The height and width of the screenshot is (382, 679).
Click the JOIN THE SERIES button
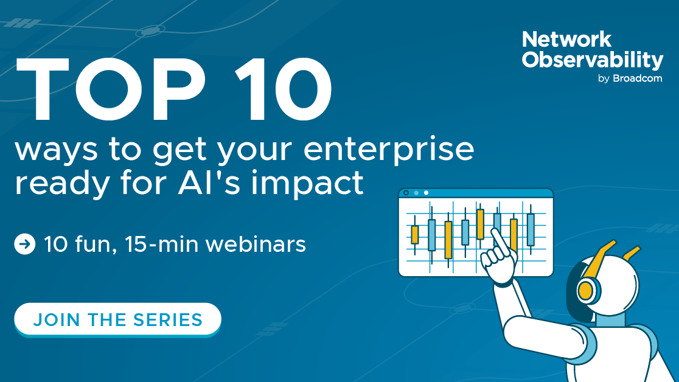click(118, 319)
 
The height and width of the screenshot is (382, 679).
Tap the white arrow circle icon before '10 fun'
click(25, 244)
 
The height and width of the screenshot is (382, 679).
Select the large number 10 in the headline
click(284, 89)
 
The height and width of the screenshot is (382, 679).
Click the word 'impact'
click(307, 183)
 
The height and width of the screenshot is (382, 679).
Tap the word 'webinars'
click(256, 244)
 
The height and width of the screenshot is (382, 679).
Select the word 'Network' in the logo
click(567, 40)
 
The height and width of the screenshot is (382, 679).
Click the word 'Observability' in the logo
click(593, 60)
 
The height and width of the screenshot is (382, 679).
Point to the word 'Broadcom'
click(637, 78)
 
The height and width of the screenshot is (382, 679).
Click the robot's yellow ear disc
click(586, 289)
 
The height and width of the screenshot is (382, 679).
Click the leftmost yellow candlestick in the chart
click(415, 235)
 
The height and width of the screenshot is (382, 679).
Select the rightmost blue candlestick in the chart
click(531, 230)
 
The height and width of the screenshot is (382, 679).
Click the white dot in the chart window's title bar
click(426, 193)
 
